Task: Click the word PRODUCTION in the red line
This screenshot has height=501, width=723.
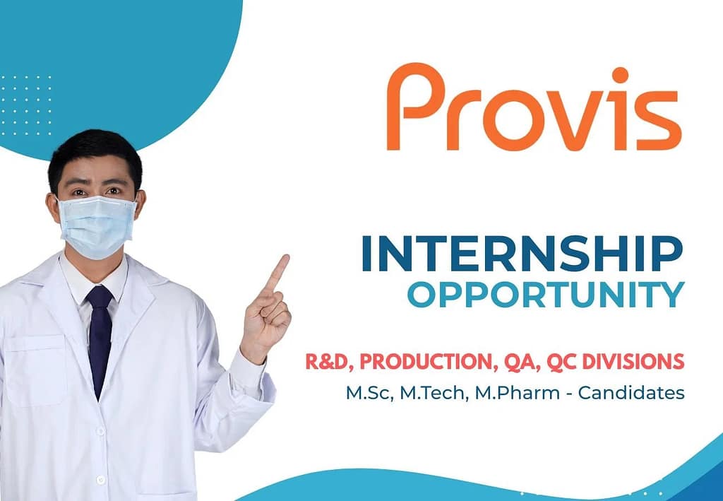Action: click(426, 362)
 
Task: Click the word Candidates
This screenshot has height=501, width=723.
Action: click(631, 393)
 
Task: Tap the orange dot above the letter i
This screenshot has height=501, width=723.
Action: click(620, 75)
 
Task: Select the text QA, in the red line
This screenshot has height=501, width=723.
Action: click(524, 362)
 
